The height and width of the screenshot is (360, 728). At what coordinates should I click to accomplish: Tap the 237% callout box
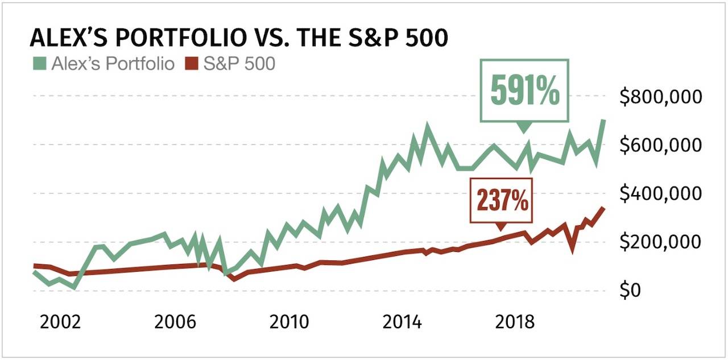[501, 200]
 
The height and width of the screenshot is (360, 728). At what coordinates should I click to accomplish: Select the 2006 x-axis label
[175, 322]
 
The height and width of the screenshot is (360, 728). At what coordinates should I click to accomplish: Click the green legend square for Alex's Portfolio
[40, 64]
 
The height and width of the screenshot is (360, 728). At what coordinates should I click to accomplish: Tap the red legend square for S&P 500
[193, 64]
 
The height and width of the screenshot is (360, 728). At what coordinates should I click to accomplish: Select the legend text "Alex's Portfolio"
[113, 64]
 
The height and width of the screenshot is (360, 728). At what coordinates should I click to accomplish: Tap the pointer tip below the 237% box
[501, 229]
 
